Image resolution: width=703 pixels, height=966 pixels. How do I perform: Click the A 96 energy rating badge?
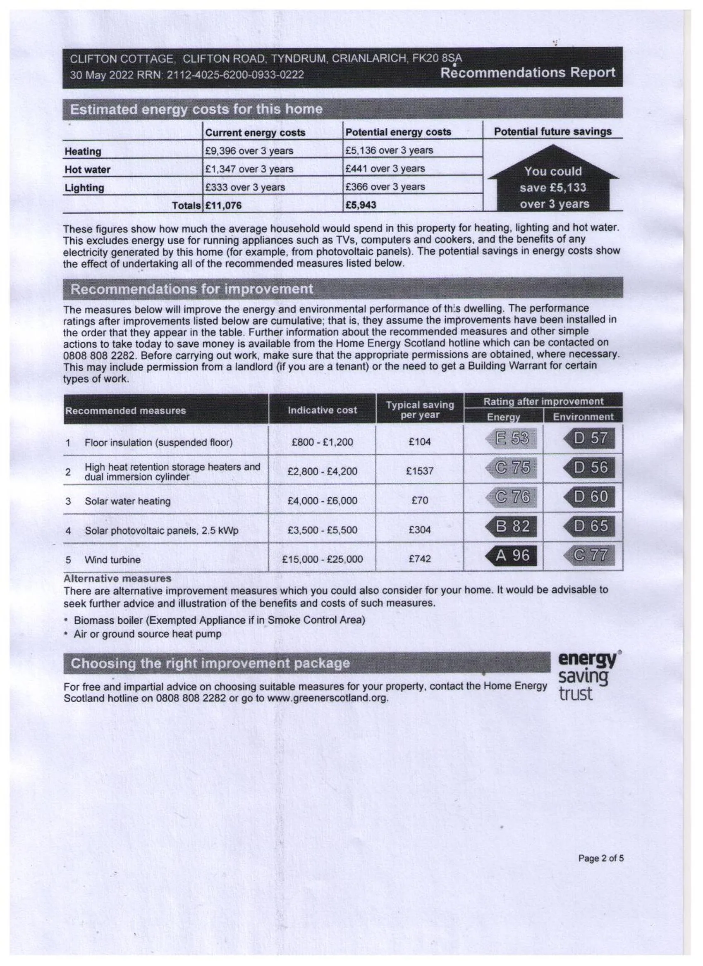pyautogui.click(x=512, y=556)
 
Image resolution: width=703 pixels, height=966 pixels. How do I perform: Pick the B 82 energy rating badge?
pyautogui.click(x=512, y=527)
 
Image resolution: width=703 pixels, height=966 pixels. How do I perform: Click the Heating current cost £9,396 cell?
pyautogui.click(x=249, y=151)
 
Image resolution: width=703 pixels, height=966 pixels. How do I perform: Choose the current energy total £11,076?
pyautogui.click(x=224, y=205)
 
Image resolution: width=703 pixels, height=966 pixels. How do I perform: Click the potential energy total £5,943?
pyautogui.click(x=361, y=205)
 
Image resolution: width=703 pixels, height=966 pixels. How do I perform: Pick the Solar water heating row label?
pyautogui.click(x=127, y=501)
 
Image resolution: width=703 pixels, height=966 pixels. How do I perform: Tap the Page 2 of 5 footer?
pyautogui.click(x=600, y=858)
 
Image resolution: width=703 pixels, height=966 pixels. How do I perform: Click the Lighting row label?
pyautogui.click(x=84, y=188)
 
